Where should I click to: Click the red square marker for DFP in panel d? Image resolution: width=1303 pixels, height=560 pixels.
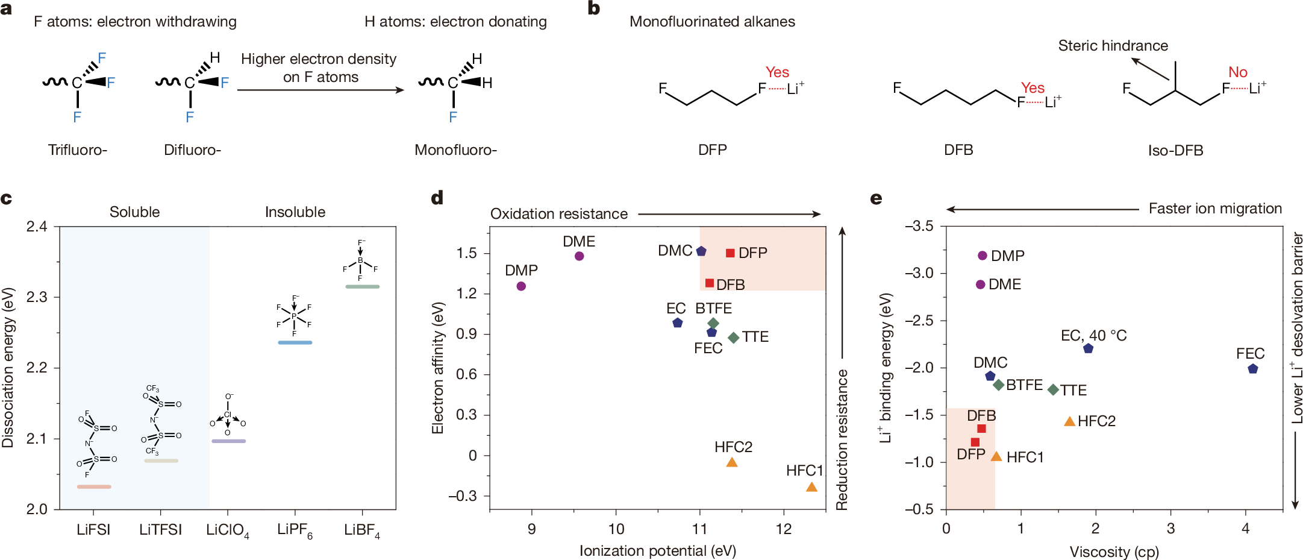730,253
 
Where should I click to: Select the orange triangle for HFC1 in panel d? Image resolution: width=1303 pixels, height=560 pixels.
811,487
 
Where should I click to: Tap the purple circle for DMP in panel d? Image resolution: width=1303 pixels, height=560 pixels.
521,286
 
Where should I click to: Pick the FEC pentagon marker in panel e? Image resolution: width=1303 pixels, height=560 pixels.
1253,369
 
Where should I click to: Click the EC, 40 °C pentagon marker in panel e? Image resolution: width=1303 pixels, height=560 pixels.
1088,348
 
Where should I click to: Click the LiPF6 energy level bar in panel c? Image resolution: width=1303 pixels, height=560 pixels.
295,342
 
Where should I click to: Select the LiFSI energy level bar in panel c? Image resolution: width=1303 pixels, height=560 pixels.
94,486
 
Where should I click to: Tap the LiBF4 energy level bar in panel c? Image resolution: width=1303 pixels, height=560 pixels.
362,286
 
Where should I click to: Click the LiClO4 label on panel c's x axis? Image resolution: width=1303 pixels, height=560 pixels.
227,530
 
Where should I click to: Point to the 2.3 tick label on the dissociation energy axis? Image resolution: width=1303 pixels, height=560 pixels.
37,297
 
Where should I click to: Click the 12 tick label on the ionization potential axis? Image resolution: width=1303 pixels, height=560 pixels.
783,529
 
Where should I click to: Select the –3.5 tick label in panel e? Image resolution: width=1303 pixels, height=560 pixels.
919,226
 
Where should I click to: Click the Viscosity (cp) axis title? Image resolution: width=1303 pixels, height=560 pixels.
1114,552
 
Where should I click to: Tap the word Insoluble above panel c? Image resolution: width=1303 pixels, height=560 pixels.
295,212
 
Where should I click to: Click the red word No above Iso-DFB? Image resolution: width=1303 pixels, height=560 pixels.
1237,72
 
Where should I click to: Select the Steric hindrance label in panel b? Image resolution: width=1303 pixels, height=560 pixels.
1113,46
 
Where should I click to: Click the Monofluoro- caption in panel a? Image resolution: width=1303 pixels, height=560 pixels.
455,150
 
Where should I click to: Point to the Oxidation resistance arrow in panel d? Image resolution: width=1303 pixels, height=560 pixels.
729,214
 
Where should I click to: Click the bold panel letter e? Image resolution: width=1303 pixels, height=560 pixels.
876,198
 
